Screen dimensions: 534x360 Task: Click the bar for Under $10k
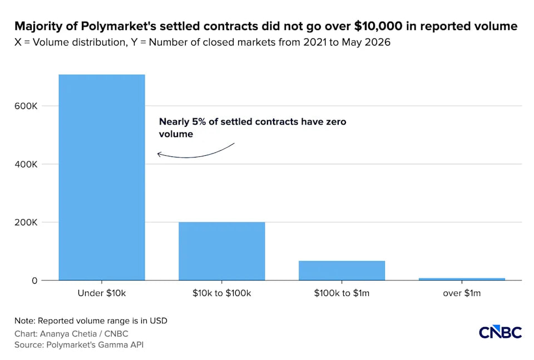click(102, 177)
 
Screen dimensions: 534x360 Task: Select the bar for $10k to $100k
click(222, 251)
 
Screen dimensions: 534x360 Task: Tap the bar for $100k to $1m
click(342, 271)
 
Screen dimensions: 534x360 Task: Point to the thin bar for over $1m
click(462, 279)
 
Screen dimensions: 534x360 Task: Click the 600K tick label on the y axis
click(26, 106)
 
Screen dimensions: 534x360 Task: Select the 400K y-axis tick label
click(26, 165)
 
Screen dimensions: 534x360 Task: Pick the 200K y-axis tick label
click(26, 223)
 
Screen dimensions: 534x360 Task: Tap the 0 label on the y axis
click(34, 281)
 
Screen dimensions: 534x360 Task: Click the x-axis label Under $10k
click(102, 293)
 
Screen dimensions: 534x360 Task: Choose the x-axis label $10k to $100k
click(222, 293)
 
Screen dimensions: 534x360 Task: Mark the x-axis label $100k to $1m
click(342, 293)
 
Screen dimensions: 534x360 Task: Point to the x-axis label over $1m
click(462, 293)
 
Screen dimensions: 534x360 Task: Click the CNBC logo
click(500, 332)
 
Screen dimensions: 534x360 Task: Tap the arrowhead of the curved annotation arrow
click(159, 154)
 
